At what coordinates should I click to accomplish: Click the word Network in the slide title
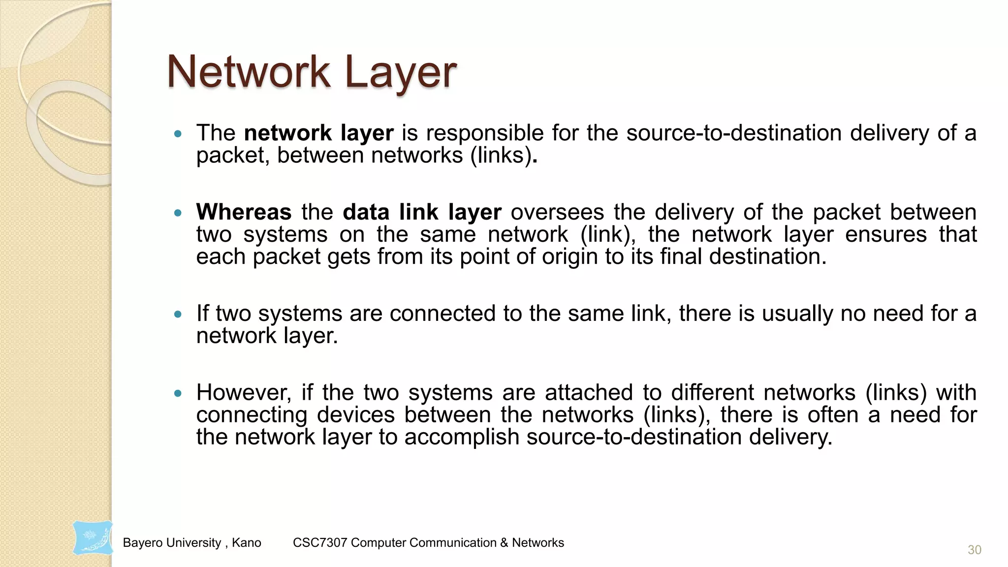[249, 72]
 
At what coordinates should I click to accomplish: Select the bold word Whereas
[244, 212]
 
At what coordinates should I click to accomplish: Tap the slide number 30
[974, 550]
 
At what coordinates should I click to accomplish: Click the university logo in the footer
[93, 538]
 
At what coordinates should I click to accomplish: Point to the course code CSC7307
[320, 542]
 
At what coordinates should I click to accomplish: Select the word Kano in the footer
[247, 542]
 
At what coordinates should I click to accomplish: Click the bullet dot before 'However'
[178, 393]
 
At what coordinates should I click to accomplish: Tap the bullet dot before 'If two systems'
[178, 314]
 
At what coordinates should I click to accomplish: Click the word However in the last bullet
[244, 393]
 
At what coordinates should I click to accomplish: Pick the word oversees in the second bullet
[557, 212]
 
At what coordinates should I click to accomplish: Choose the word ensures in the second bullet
[886, 234]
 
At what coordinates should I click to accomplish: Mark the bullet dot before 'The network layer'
[178, 133]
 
